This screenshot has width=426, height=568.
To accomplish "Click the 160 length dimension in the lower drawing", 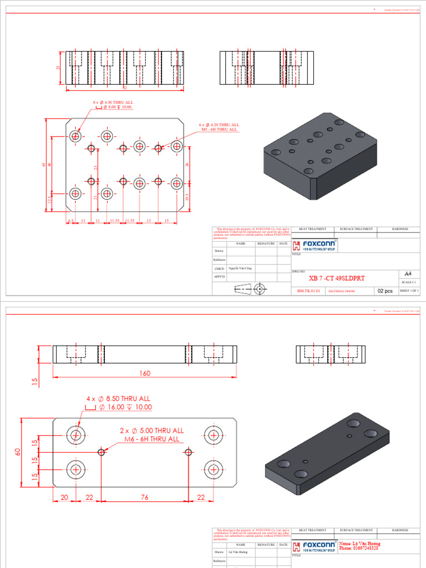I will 144,373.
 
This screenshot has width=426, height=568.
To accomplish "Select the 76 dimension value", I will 144,498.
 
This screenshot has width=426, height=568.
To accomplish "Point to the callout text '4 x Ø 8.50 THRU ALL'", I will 118,398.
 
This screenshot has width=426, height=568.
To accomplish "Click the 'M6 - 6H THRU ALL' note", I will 151,439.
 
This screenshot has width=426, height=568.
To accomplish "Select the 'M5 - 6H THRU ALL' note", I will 219,129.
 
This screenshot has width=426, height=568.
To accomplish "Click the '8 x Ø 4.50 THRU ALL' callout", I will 113,103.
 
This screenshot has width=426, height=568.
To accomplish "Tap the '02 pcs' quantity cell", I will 385,290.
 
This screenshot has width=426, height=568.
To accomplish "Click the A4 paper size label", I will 408,274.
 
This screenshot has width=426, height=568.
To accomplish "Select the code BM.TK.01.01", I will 308,290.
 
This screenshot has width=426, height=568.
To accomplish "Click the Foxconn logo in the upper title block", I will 315,245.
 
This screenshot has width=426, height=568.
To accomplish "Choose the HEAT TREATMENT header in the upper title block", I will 313,229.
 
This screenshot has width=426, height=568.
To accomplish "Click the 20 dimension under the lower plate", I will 64,498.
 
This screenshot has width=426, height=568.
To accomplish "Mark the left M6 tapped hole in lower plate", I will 102,452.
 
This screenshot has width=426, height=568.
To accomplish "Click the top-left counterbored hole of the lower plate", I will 75,434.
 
